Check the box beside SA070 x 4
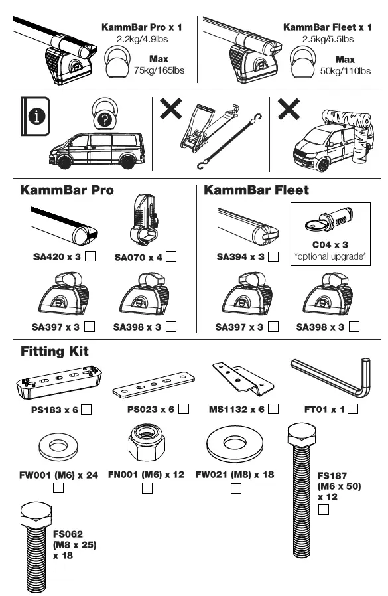pyautogui.click(x=171, y=256)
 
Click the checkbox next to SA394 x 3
pyautogui.click(x=273, y=256)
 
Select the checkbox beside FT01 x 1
pyautogui.click(x=352, y=409)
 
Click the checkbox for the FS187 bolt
pyautogui.click(x=324, y=510)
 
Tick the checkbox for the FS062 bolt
pyautogui.click(x=58, y=568)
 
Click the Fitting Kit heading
pyautogui.click(x=54, y=350)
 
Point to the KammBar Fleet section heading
pyautogui.click(x=256, y=190)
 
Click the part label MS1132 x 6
pyautogui.click(x=235, y=410)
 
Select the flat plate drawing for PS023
pyautogui.click(x=155, y=386)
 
